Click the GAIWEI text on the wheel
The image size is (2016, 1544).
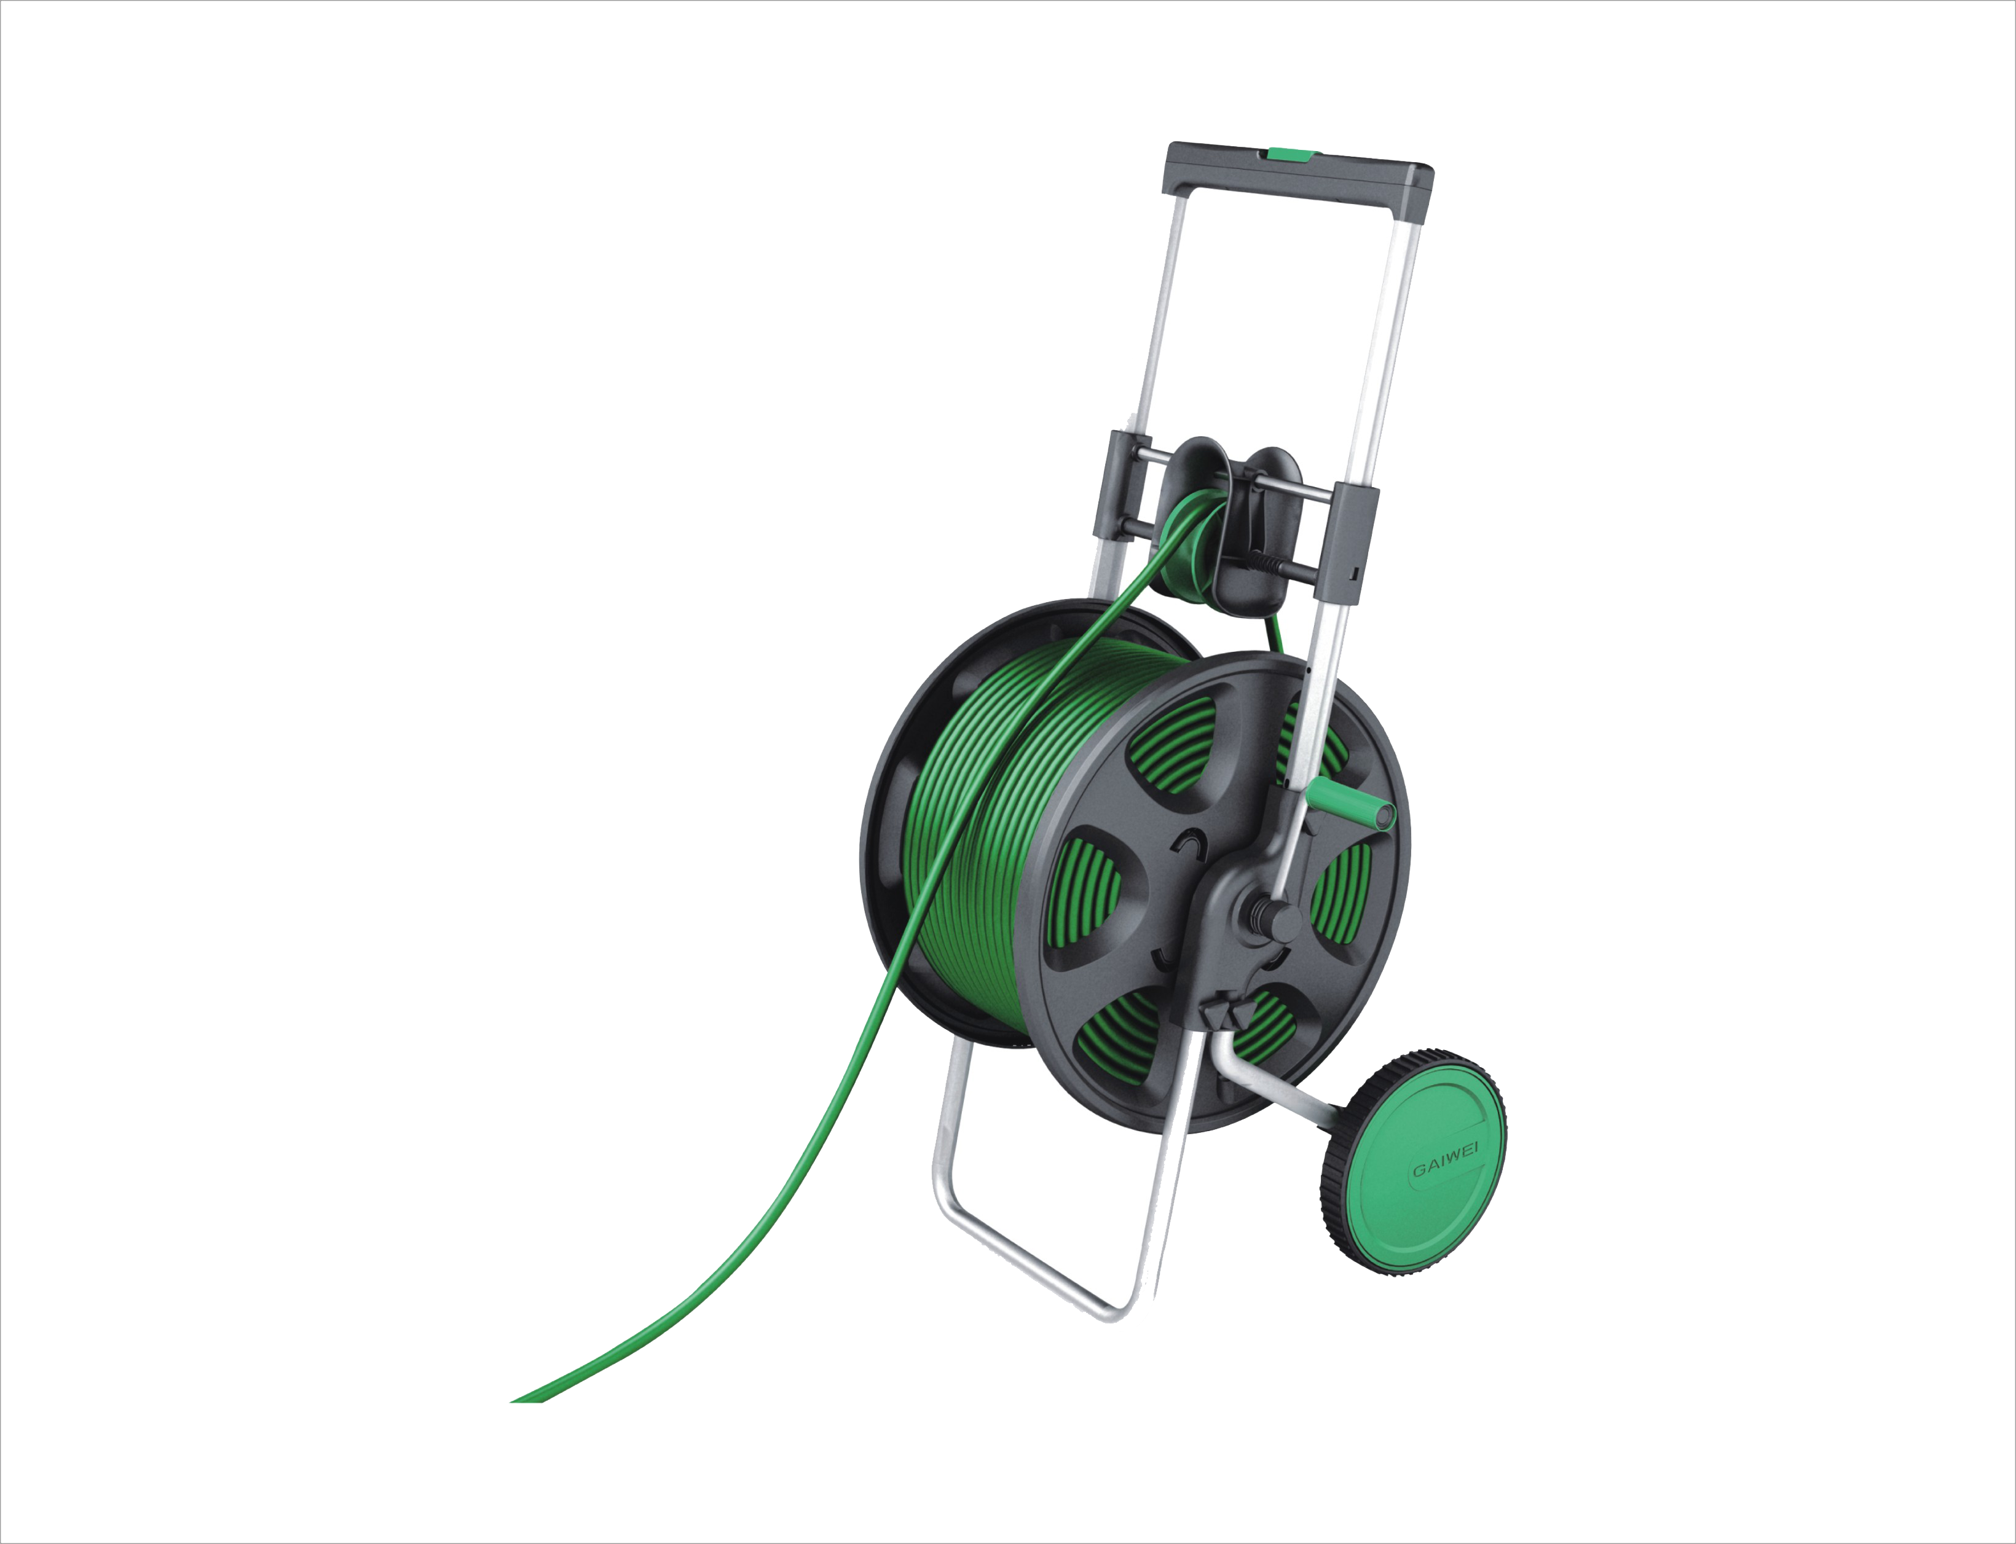pyautogui.click(x=1445, y=1169)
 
